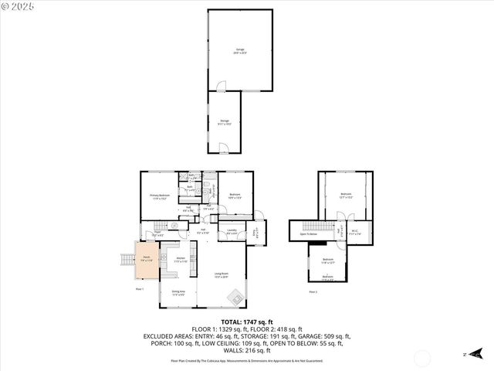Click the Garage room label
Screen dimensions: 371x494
pyautogui.click(x=239, y=52)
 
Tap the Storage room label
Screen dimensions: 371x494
pyautogui.click(x=225, y=122)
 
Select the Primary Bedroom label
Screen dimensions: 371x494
pyautogui.click(x=158, y=197)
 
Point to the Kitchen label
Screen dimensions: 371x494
pyautogui.click(x=180, y=260)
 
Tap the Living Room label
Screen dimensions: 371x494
pyautogui.click(x=221, y=275)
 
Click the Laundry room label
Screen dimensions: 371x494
pyautogui.click(x=232, y=230)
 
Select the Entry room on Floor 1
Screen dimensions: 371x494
pyautogui.click(x=255, y=231)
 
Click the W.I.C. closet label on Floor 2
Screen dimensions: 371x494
pyautogui.click(x=356, y=230)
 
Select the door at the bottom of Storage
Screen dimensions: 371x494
pyautogui.click(x=223, y=149)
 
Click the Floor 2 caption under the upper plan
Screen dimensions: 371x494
pyautogui.click(x=313, y=292)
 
